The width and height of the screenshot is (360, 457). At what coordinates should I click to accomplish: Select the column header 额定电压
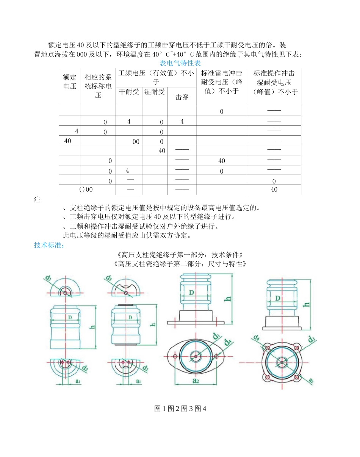pos(69,82)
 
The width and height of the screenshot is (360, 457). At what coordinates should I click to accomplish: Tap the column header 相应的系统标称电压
pos(98,86)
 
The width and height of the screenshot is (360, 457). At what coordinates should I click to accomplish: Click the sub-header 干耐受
pos(129,92)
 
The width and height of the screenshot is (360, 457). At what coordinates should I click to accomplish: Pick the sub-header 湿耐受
pos(155,92)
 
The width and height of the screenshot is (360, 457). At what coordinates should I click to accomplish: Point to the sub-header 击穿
pos(182,97)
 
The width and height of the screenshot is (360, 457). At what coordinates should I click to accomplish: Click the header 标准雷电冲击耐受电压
pos(221,82)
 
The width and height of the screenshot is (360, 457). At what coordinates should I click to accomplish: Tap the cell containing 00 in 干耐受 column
pos(136,141)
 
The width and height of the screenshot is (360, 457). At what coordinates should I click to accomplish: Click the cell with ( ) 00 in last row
pos(87,189)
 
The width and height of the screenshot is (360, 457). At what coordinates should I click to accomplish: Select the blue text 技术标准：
pos(49,245)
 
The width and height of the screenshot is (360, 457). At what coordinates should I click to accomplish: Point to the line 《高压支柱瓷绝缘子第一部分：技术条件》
pos(180,254)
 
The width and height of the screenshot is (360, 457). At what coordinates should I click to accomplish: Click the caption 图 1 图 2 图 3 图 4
pos(180,408)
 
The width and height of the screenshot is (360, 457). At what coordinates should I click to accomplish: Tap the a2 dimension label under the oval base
pos(196,381)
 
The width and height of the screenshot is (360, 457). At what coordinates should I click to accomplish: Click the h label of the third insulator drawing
pos(228,298)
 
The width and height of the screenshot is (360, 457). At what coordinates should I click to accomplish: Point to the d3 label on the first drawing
pos(49,279)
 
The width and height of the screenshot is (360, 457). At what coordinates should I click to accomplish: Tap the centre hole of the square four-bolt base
pos(282,362)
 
